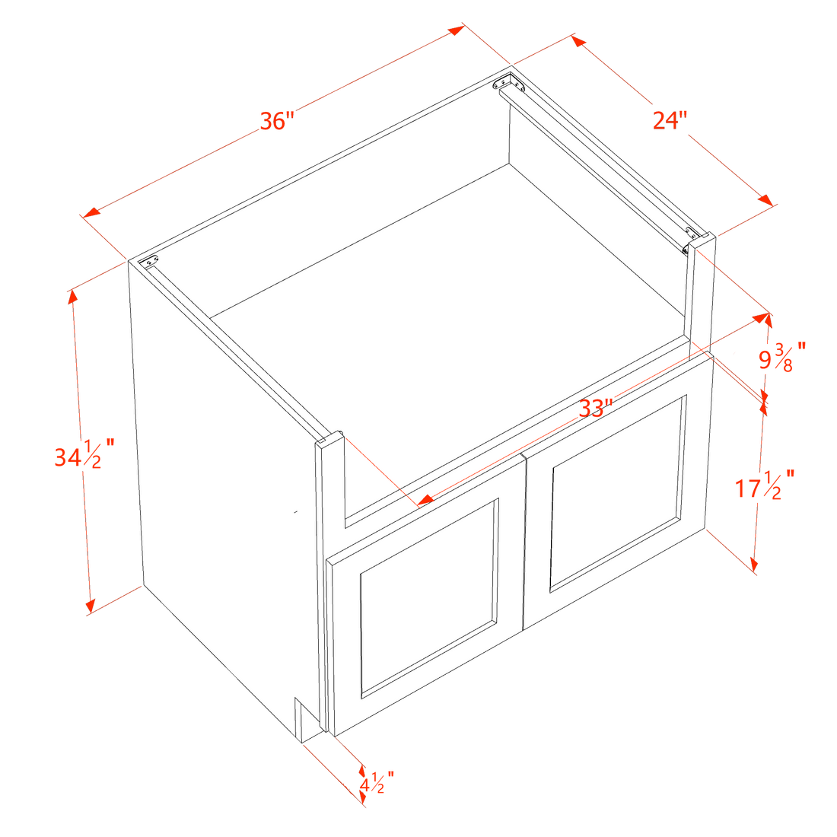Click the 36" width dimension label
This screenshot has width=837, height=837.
tap(276, 121)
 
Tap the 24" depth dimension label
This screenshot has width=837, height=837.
tap(670, 121)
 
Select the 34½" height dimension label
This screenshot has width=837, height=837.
tap(84, 454)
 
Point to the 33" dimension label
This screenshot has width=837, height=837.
tap(595, 409)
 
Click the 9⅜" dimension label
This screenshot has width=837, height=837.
tap(782, 357)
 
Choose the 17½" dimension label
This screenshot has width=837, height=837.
tap(765, 485)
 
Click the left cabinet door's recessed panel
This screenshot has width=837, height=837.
tap(429, 598)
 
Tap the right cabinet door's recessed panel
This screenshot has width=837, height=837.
tap(618, 494)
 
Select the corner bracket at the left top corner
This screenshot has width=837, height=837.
tap(149, 261)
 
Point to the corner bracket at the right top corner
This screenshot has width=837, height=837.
tap(692, 240)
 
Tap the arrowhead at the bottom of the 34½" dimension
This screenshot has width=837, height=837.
tap(90, 606)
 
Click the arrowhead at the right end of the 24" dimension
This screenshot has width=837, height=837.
tap(765, 199)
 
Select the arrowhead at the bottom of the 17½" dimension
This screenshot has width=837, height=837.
tap(754, 565)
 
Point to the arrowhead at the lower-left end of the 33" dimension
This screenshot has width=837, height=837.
tap(425, 500)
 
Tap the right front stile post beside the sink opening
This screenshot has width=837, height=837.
tap(700, 295)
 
